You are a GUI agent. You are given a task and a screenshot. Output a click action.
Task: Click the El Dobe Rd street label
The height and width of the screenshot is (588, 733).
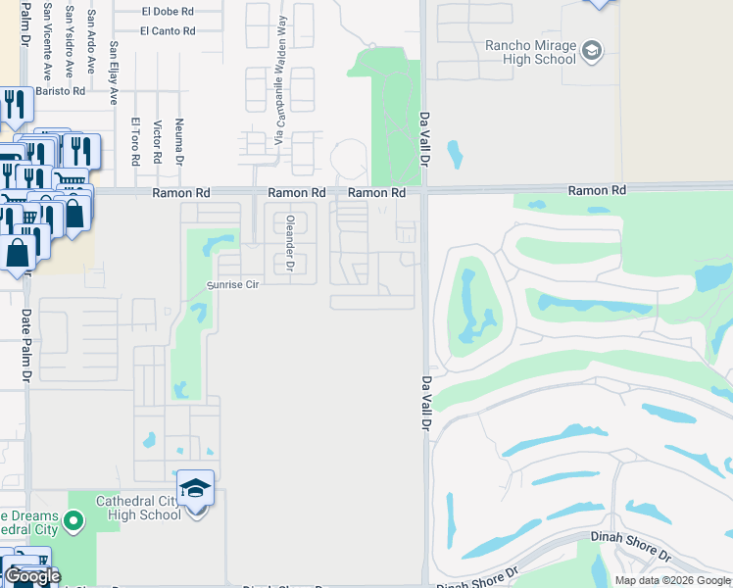168,12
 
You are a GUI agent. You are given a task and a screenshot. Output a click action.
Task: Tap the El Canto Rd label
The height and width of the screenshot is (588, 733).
168,30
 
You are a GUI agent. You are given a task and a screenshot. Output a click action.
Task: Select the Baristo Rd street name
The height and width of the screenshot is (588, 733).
61,91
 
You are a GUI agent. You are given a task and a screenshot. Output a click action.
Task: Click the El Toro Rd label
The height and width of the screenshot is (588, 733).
135,141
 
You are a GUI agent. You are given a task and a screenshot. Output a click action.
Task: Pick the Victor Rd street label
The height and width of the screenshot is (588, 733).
157,143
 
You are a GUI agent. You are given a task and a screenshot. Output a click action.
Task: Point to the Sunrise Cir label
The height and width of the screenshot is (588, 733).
231,285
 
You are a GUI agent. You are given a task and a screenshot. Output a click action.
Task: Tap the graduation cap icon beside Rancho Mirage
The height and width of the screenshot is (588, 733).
592,50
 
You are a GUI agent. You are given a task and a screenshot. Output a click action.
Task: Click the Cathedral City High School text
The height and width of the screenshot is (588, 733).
138,508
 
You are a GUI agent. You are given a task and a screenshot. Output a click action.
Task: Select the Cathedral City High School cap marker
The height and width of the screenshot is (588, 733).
195,487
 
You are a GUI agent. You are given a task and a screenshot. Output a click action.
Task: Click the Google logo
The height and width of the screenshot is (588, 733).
32,576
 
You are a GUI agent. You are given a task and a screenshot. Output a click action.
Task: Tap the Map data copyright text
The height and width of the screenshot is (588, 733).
671,580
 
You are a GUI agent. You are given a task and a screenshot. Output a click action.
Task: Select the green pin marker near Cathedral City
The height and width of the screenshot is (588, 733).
72,522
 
